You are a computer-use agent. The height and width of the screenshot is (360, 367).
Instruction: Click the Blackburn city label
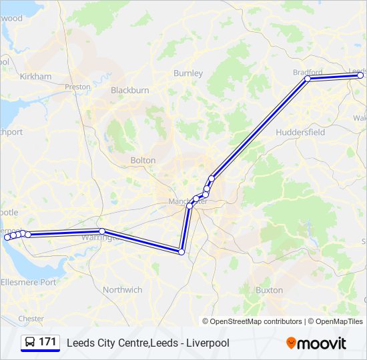tap(129, 90)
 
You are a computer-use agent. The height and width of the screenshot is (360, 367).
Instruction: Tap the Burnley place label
tap(188, 73)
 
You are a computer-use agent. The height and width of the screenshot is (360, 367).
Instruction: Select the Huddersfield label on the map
tap(300, 132)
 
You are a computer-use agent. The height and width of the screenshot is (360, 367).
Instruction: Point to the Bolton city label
tap(143, 160)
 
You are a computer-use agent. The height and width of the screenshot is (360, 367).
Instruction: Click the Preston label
tap(78, 87)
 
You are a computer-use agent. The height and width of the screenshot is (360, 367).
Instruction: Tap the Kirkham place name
tap(35, 77)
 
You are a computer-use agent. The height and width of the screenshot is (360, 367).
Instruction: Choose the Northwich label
tap(123, 290)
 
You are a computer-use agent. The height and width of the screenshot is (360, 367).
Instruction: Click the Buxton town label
tap(269, 290)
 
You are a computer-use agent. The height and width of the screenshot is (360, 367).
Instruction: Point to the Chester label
tap(31, 319)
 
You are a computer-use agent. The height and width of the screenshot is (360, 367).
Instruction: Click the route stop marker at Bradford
tap(308, 79)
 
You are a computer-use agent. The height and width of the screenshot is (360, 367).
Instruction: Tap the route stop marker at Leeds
tap(360, 75)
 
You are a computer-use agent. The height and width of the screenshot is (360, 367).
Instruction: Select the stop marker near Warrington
tap(102, 231)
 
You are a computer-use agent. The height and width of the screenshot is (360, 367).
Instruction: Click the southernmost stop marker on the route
tap(181, 251)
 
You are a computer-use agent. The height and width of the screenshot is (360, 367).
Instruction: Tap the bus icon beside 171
tap(30, 342)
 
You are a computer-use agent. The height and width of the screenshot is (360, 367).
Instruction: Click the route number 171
tap(47, 342)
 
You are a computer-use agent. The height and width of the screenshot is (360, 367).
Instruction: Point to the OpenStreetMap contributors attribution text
tap(256, 321)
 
